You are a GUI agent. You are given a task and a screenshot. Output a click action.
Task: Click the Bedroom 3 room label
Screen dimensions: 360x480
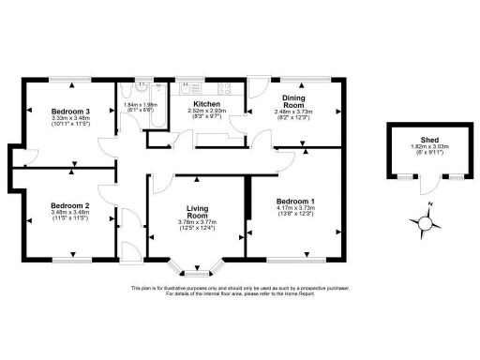pos(70,111)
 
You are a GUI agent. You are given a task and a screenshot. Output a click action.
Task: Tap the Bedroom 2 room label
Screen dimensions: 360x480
pos(70,205)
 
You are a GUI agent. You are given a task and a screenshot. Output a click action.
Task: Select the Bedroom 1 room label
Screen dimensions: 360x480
pos(295,202)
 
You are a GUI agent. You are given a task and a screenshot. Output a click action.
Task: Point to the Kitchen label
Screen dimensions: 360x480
pos(206,104)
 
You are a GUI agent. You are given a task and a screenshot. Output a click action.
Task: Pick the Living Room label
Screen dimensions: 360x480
pos(197,210)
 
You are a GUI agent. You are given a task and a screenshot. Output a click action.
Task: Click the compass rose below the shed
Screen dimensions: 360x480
pos(425,223)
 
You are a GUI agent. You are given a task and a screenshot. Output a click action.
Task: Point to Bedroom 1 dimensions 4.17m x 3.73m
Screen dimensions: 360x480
pos(295,210)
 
